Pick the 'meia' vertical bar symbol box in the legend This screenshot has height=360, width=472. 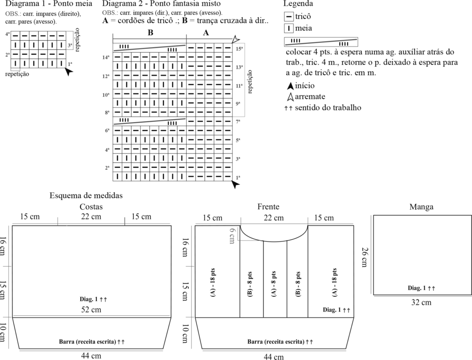pos(289,29)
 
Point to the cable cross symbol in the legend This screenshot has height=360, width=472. pos(321,42)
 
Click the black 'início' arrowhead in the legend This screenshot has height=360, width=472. pos(290,86)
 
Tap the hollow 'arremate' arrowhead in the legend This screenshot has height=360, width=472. pos(290,97)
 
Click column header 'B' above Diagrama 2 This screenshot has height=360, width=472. pos(150,33)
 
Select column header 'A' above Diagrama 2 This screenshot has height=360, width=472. pos(206,33)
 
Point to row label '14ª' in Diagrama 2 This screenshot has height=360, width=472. pos(106,58)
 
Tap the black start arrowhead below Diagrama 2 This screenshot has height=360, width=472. pos(236,184)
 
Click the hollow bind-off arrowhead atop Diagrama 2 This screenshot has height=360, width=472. pos(236,39)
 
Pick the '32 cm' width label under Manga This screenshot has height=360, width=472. pos(421,303)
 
